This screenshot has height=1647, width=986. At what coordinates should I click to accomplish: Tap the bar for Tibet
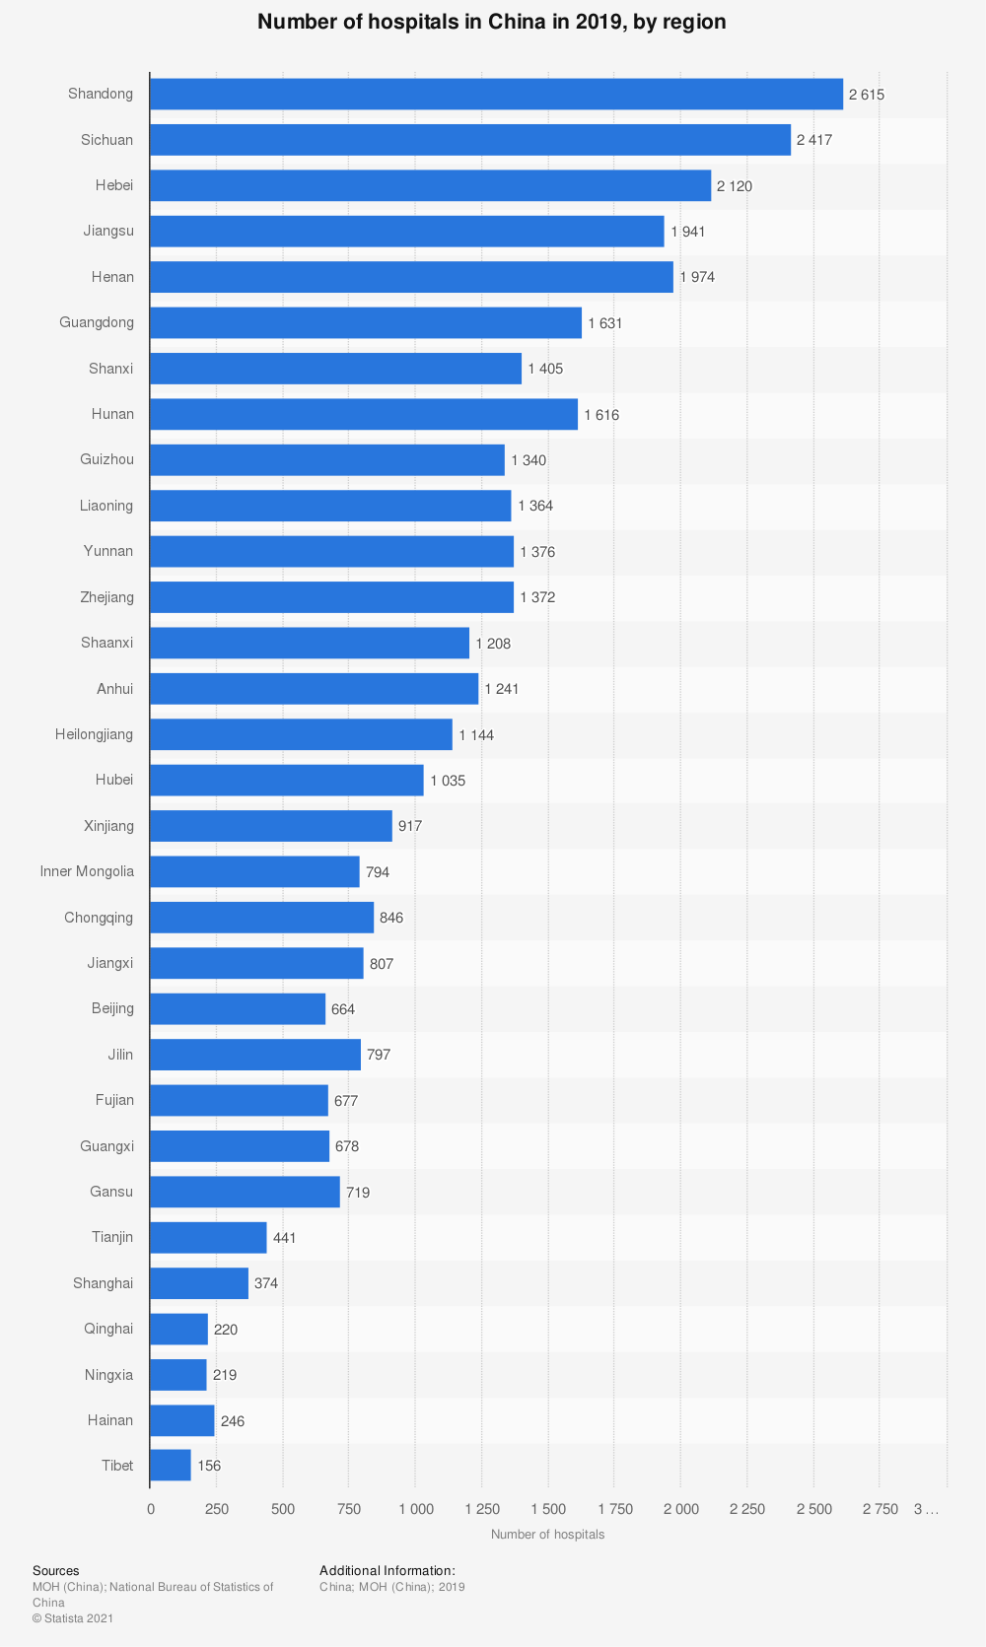171,1466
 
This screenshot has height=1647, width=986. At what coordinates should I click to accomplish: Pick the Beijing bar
238,1008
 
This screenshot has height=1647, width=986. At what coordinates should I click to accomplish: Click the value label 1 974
697,277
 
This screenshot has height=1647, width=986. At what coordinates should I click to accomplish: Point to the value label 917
410,826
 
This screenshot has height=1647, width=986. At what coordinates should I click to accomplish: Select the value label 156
209,1466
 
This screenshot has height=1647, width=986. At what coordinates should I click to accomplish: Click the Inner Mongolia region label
87,871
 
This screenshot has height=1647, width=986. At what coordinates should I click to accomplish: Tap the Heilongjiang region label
94,734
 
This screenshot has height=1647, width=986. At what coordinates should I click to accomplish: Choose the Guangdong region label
97,322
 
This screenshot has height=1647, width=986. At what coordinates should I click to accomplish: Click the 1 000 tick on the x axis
415,1509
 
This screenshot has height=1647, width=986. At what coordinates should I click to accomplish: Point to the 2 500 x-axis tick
813,1509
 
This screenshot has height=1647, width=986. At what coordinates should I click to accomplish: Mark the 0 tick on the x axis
150,1509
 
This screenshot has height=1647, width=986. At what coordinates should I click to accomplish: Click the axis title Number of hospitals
547,1535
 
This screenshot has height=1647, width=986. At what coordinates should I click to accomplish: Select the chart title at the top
492,22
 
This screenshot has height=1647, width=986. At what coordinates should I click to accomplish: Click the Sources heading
55,1571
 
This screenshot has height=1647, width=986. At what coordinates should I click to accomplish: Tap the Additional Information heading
387,1571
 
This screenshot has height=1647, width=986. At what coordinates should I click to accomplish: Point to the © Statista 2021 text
73,1618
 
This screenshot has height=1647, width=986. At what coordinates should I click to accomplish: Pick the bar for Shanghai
199,1283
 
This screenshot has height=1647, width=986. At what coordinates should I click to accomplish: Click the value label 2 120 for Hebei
735,185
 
